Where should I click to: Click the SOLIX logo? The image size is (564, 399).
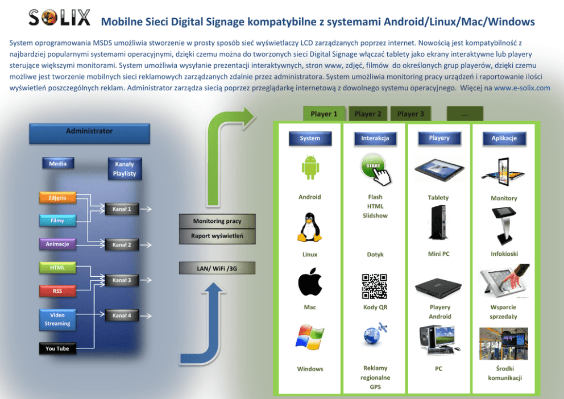(x=59, y=18)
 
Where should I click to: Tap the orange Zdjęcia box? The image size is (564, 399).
(x=57, y=198)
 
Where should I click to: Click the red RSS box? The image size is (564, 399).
(x=57, y=291)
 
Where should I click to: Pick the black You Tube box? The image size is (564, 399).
(x=57, y=348)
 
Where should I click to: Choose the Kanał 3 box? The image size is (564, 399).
(x=122, y=280)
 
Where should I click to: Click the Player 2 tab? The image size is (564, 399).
(x=368, y=114)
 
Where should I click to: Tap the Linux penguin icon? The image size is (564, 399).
(x=310, y=227)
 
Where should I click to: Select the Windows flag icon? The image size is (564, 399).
(x=310, y=337)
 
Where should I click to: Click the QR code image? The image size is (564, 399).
(x=375, y=286)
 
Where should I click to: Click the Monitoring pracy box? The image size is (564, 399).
(x=217, y=221)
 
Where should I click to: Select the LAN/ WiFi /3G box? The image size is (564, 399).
(x=217, y=268)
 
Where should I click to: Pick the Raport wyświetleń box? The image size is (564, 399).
(x=217, y=236)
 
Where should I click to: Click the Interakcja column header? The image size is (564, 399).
(x=375, y=138)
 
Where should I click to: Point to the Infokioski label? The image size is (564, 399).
(x=504, y=254)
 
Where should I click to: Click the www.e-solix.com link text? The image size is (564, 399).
(x=522, y=88)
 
